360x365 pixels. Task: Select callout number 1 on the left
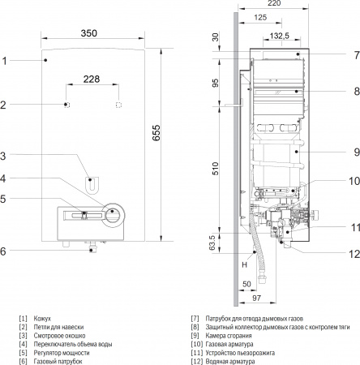click(x=4, y=61)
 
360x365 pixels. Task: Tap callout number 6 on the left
click(x=4, y=251)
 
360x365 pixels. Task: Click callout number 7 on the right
click(x=355, y=55)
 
